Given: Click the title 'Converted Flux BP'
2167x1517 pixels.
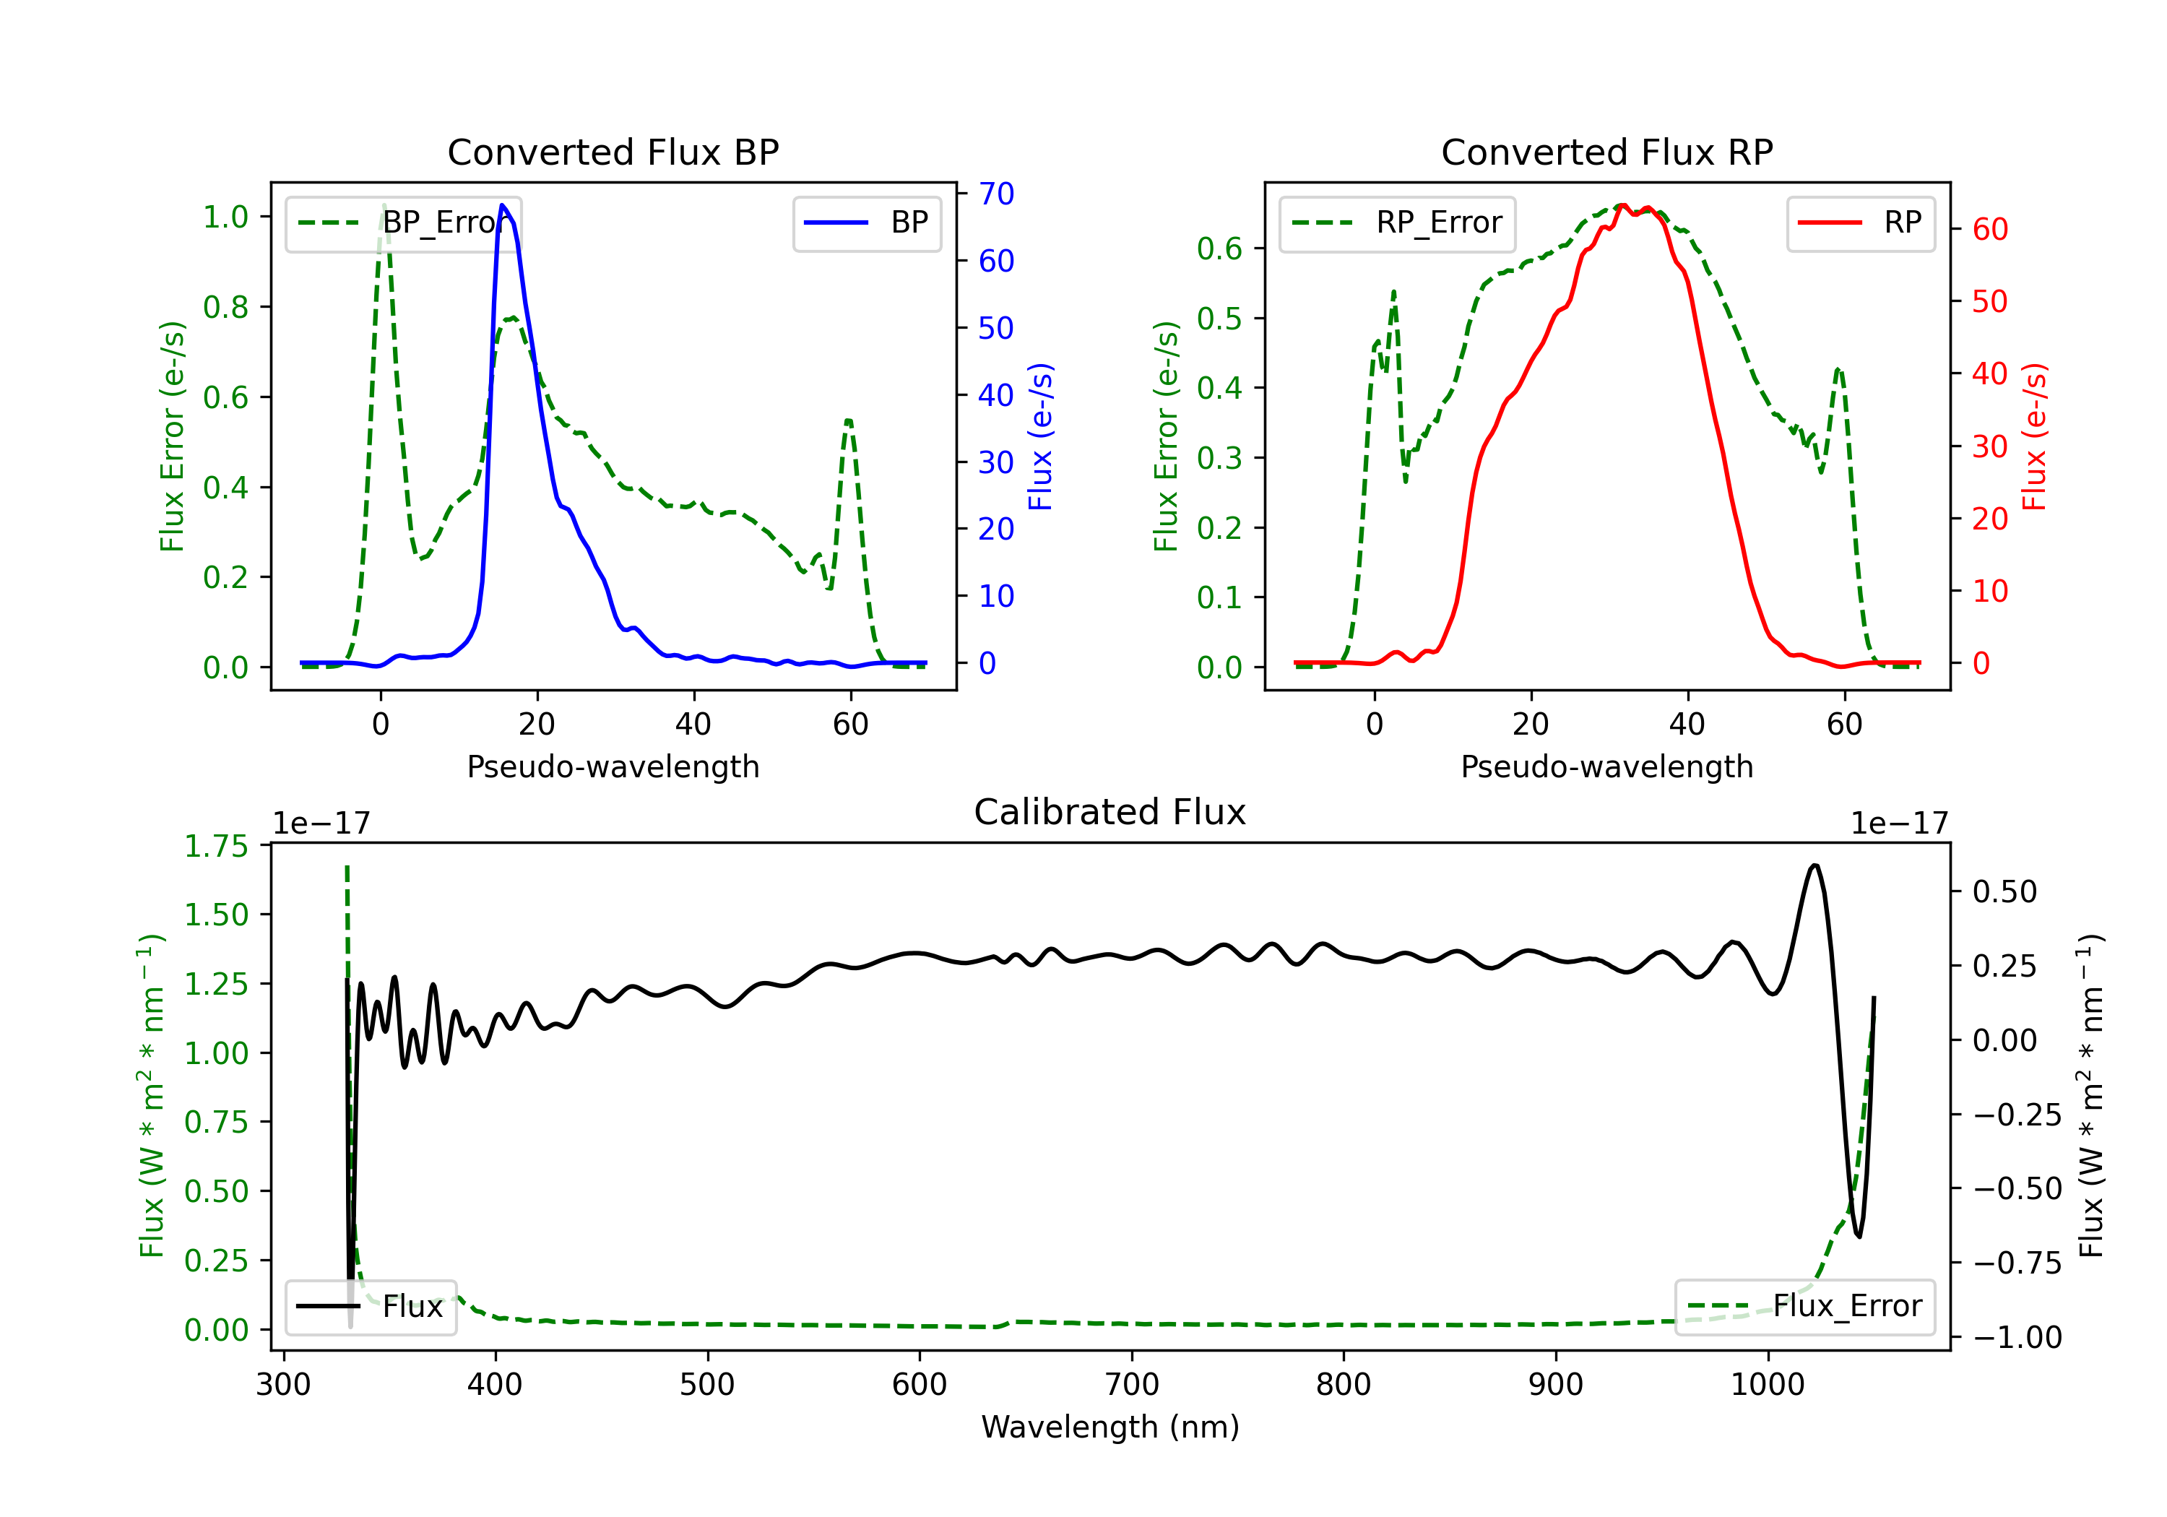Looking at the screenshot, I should [x=613, y=152].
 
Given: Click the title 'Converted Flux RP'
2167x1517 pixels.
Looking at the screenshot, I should [x=1606, y=152].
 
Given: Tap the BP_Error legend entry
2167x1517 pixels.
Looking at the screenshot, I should [x=403, y=222].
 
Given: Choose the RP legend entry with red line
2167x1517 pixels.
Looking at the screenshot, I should [x=1860, y=222].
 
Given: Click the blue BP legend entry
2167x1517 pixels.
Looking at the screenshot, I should [x=866, y=222].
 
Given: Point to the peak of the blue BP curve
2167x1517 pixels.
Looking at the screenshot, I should [x=502, y=206].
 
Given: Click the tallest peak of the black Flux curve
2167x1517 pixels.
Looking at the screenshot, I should [x=1814, y=865].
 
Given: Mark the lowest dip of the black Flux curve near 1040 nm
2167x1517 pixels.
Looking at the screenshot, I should [x=1859, y=1236].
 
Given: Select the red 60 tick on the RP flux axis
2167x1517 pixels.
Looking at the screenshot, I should [x=1989, y=230].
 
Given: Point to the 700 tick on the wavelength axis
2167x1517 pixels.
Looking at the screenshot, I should [x=1132, y=1385].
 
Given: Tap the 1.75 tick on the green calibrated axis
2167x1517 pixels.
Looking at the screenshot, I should [x=216, y=846].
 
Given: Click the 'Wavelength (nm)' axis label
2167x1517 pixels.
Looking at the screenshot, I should [x=1110, y=1427].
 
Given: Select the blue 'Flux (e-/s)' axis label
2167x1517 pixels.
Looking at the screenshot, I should [x=1040, y=436].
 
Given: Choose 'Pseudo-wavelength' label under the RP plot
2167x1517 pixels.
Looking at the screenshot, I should [x=1606, y=766].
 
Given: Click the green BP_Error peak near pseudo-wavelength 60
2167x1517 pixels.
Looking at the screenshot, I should [x=849, y=421].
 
